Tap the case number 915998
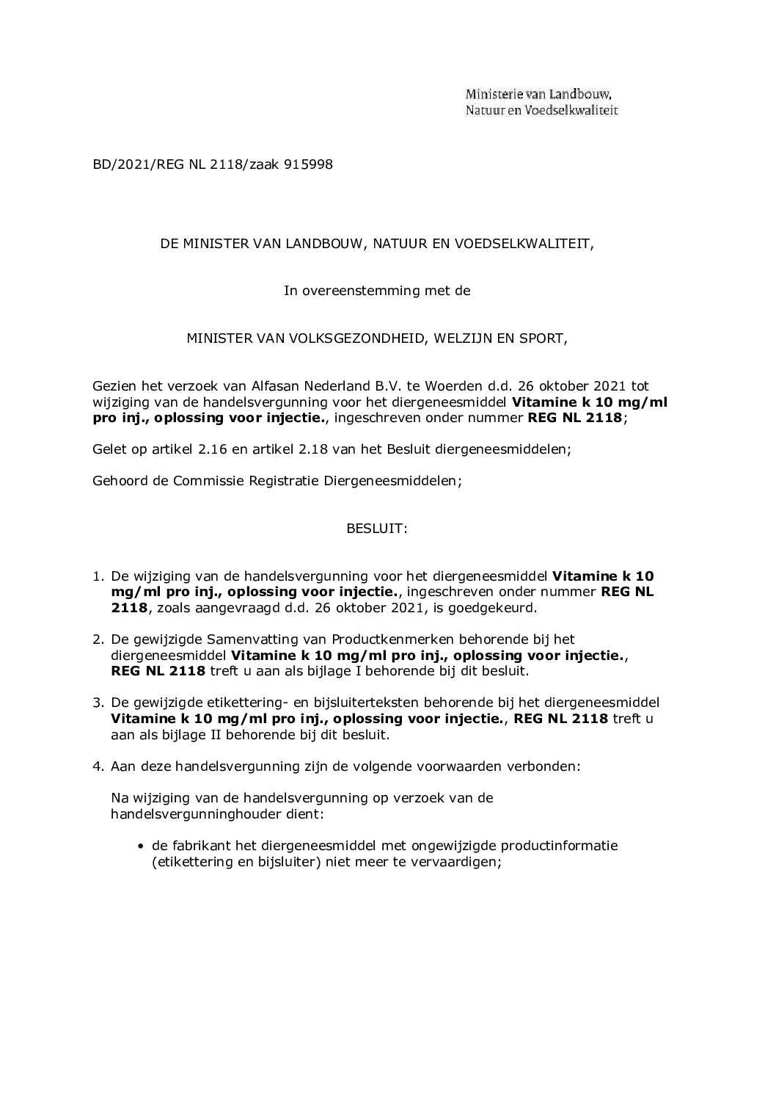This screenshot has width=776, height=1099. (308, 164)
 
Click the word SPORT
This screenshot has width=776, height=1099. (543, 338)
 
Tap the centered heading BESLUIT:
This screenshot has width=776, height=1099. (377, 529)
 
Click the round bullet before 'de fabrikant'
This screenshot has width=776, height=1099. (142, 846)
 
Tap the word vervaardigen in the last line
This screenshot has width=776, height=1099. (455, 863)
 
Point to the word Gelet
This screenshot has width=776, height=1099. (109, 449)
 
